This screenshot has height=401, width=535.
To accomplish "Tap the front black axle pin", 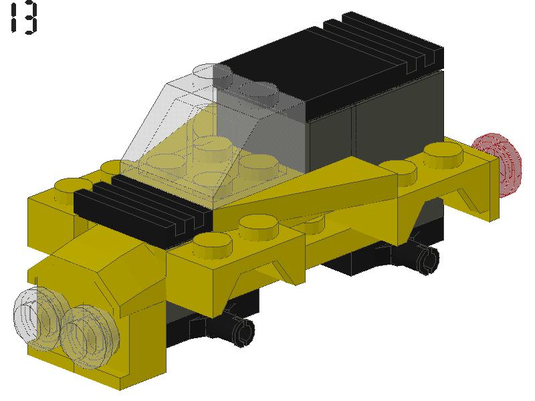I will point(241,328).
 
